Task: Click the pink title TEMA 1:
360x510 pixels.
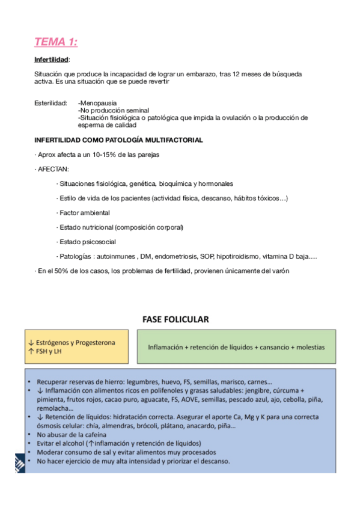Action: (55, 41)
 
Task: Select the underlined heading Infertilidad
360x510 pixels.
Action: (51, 60)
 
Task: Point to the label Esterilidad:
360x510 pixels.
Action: (50, 103)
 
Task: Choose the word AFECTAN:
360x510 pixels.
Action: (53, 169)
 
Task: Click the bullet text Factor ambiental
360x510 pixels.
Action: (85, 213)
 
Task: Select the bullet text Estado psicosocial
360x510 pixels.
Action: (88, 242)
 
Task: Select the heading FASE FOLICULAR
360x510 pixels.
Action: (175, 319)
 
